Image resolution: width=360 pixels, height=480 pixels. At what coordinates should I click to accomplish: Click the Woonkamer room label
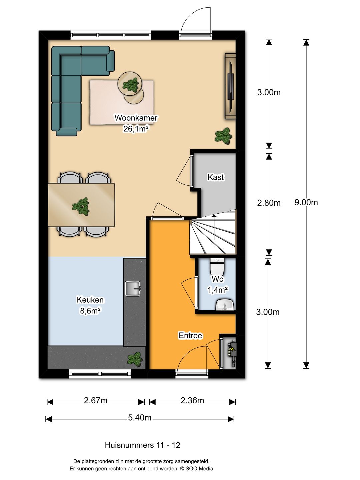tap(136, 118)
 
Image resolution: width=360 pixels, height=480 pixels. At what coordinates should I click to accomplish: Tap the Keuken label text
tap(90, 300)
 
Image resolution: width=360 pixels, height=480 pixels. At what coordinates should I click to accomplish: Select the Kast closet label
tap(216, 177)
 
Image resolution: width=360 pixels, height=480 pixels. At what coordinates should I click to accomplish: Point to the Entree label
tap(190, 335)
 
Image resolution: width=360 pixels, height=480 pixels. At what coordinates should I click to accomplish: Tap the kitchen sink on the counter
tap(133, 288)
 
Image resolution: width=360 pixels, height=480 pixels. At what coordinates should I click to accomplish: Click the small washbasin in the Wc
tap(225, 305)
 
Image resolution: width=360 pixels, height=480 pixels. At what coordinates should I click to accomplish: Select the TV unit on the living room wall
tap(230, 86)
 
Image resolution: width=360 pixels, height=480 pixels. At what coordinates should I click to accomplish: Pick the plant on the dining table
tap(81, 207)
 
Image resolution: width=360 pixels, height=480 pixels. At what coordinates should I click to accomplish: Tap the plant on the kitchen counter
tap(135, 359)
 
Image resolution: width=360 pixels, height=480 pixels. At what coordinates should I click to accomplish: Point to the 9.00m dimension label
tap(306, 202)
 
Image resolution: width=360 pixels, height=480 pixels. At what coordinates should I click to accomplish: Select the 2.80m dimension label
tap(269, 203)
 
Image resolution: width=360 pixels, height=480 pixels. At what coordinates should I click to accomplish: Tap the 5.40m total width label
tap(140, 418)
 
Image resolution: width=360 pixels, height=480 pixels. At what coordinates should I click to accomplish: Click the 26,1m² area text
tap(136, 129)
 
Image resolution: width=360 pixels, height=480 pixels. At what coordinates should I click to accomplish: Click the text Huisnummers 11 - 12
tap(143, 445)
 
